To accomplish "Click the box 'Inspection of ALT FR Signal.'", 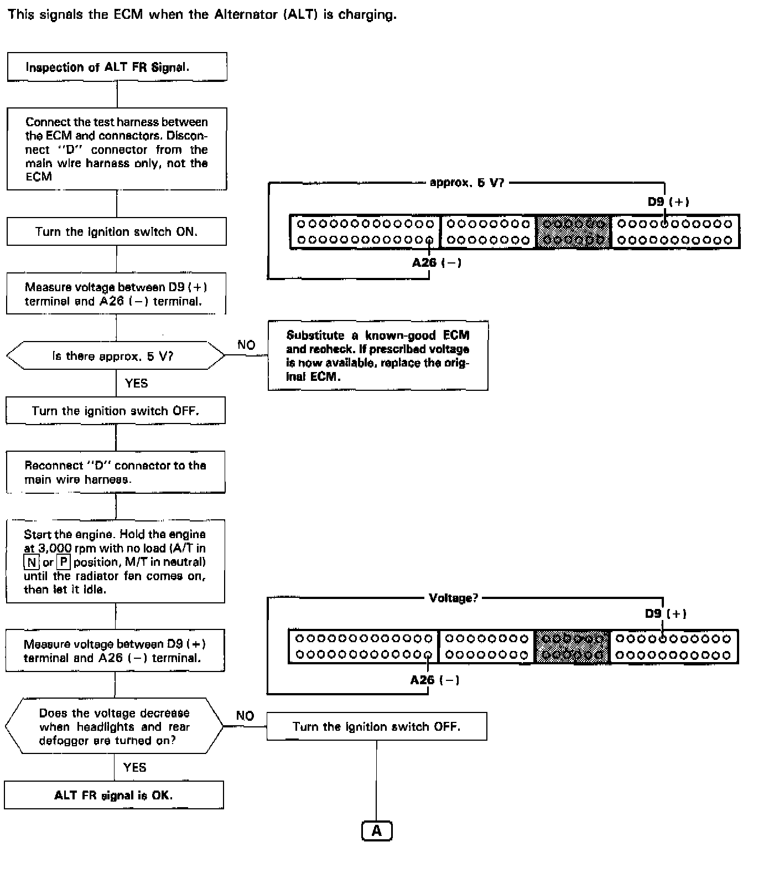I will (117, 67).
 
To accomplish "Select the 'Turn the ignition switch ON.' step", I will (116, 231).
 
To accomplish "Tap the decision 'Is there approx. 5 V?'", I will (115, 356).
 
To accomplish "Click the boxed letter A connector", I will (376, 831).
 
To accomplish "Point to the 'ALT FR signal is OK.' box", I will (113, 796).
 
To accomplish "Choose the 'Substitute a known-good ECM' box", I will (378, 355).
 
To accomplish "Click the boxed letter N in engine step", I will (32, 562).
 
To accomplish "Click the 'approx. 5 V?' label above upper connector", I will (467, 183).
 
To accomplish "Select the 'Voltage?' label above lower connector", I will (453, 598).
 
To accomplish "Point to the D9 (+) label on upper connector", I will (668, 202).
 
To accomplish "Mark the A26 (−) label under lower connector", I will (435, 680).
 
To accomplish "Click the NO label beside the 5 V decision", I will (246, 345).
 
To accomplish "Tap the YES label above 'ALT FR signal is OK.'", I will (135, 767).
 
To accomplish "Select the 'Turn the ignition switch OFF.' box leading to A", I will (376, 726).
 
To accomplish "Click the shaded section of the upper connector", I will (573, 232).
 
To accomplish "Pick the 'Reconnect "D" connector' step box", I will (115, 472).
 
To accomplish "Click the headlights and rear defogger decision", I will (114, 726).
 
